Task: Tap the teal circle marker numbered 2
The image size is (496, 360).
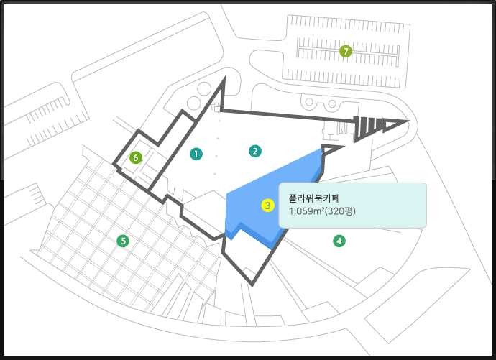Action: coord(254,151)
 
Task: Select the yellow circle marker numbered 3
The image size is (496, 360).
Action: coord(267,205)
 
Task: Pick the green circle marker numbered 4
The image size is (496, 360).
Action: coord(339,241)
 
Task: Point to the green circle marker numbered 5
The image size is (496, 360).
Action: coord(124,241)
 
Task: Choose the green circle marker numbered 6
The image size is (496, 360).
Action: coord(134,157)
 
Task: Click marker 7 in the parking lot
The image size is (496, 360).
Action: coord(346,51)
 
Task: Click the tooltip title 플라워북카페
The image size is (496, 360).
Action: coord(316,197)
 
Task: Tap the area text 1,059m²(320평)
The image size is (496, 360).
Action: coord(322,211)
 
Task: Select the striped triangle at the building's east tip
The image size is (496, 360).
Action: coord(377,126)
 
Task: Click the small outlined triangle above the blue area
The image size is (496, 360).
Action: coord(333,149)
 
